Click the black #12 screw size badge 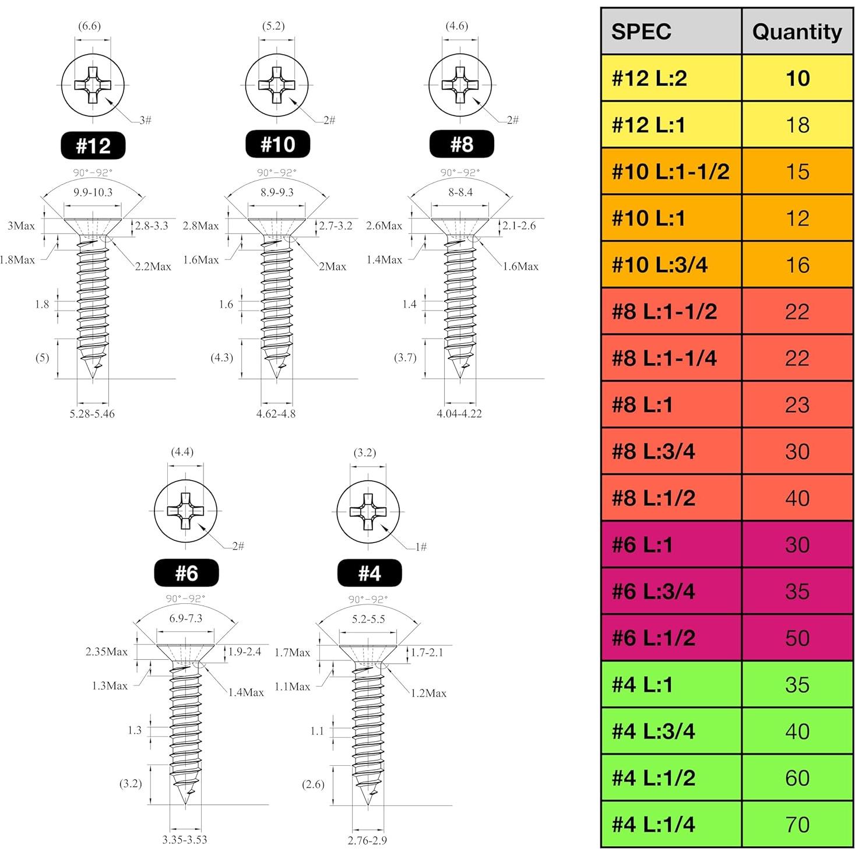point(93,145)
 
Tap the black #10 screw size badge point(277,145)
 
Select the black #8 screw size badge point(461,145)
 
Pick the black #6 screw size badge point(186,573)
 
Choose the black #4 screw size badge point(370,573)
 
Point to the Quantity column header point(797,31)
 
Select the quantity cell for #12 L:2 point(797,78)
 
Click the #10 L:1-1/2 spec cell point(671,171)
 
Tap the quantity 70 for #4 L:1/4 point(797,824)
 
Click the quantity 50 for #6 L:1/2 point(797,638)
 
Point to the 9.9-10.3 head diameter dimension point(93,192)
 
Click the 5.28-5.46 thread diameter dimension point(92,414)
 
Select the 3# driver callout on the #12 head point(145,120)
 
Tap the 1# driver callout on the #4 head point(421,547)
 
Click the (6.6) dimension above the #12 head point(89,26)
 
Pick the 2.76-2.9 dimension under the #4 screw point(367,840)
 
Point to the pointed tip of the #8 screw point(460,376)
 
